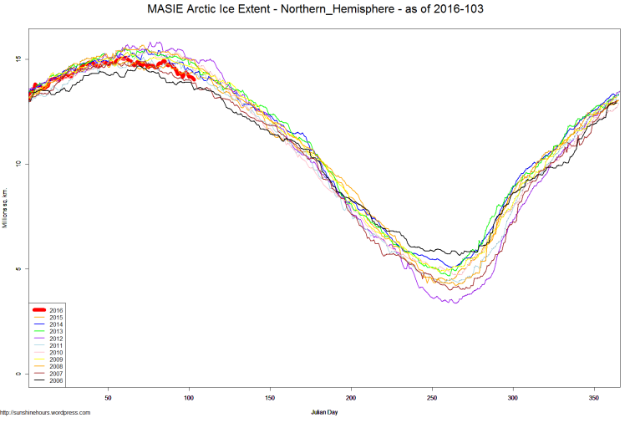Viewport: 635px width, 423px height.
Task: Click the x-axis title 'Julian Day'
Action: click(x=325, y=412)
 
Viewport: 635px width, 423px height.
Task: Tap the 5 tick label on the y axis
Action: click(x=18, y=269)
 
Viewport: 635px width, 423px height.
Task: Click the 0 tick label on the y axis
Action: click(x=18, y=374)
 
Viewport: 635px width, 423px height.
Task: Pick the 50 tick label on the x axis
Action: click(x=108, y=398)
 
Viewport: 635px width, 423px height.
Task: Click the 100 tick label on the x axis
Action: click(x=189, y=398)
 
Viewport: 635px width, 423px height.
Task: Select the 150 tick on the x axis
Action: click(x=270, y=398)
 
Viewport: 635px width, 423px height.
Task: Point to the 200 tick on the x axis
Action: click(x=351, y=398)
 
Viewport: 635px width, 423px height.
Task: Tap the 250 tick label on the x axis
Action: click(x=432, y=398)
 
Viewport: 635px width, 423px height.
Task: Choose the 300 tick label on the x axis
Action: click(x=513, y=398)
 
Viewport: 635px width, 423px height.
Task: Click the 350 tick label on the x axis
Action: click(x=594, y=398)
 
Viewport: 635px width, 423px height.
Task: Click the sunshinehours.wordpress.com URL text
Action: click(x=45, y=412)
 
